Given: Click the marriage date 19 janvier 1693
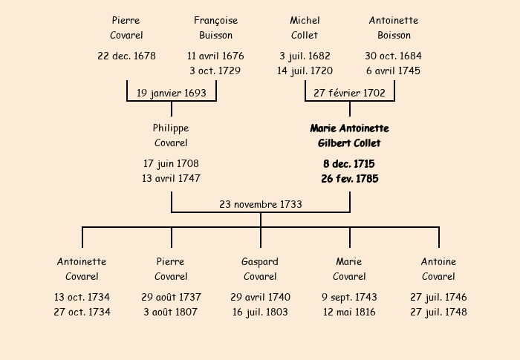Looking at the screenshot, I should [171, 93].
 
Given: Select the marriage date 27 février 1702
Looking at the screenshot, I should [349, 93].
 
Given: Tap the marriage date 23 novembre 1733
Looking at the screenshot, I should [260, 204].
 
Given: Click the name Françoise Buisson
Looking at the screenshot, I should [215, 27].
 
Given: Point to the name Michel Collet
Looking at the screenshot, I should [305, 27].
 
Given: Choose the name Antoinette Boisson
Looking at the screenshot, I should [394, 27].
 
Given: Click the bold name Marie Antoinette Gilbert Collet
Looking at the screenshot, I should [349, 135].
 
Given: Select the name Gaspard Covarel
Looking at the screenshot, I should [260, 269].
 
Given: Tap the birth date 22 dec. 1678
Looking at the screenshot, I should [126, 56].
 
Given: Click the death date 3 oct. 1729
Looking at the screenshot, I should [215, 71].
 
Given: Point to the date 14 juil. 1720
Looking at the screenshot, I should [305, 71].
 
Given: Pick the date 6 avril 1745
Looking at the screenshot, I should [394, 71].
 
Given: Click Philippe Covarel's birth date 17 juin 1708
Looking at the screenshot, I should [171, 163].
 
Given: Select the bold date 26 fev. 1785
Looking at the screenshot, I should [349, 178].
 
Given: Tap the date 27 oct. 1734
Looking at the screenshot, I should [82, 312].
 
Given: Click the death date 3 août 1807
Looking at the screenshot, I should [171, 312].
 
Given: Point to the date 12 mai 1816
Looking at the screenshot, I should [349, 312].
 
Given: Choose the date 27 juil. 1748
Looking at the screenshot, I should [438, 312].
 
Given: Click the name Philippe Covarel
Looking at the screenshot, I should [171, 135].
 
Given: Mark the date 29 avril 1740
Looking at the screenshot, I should [260, 297].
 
